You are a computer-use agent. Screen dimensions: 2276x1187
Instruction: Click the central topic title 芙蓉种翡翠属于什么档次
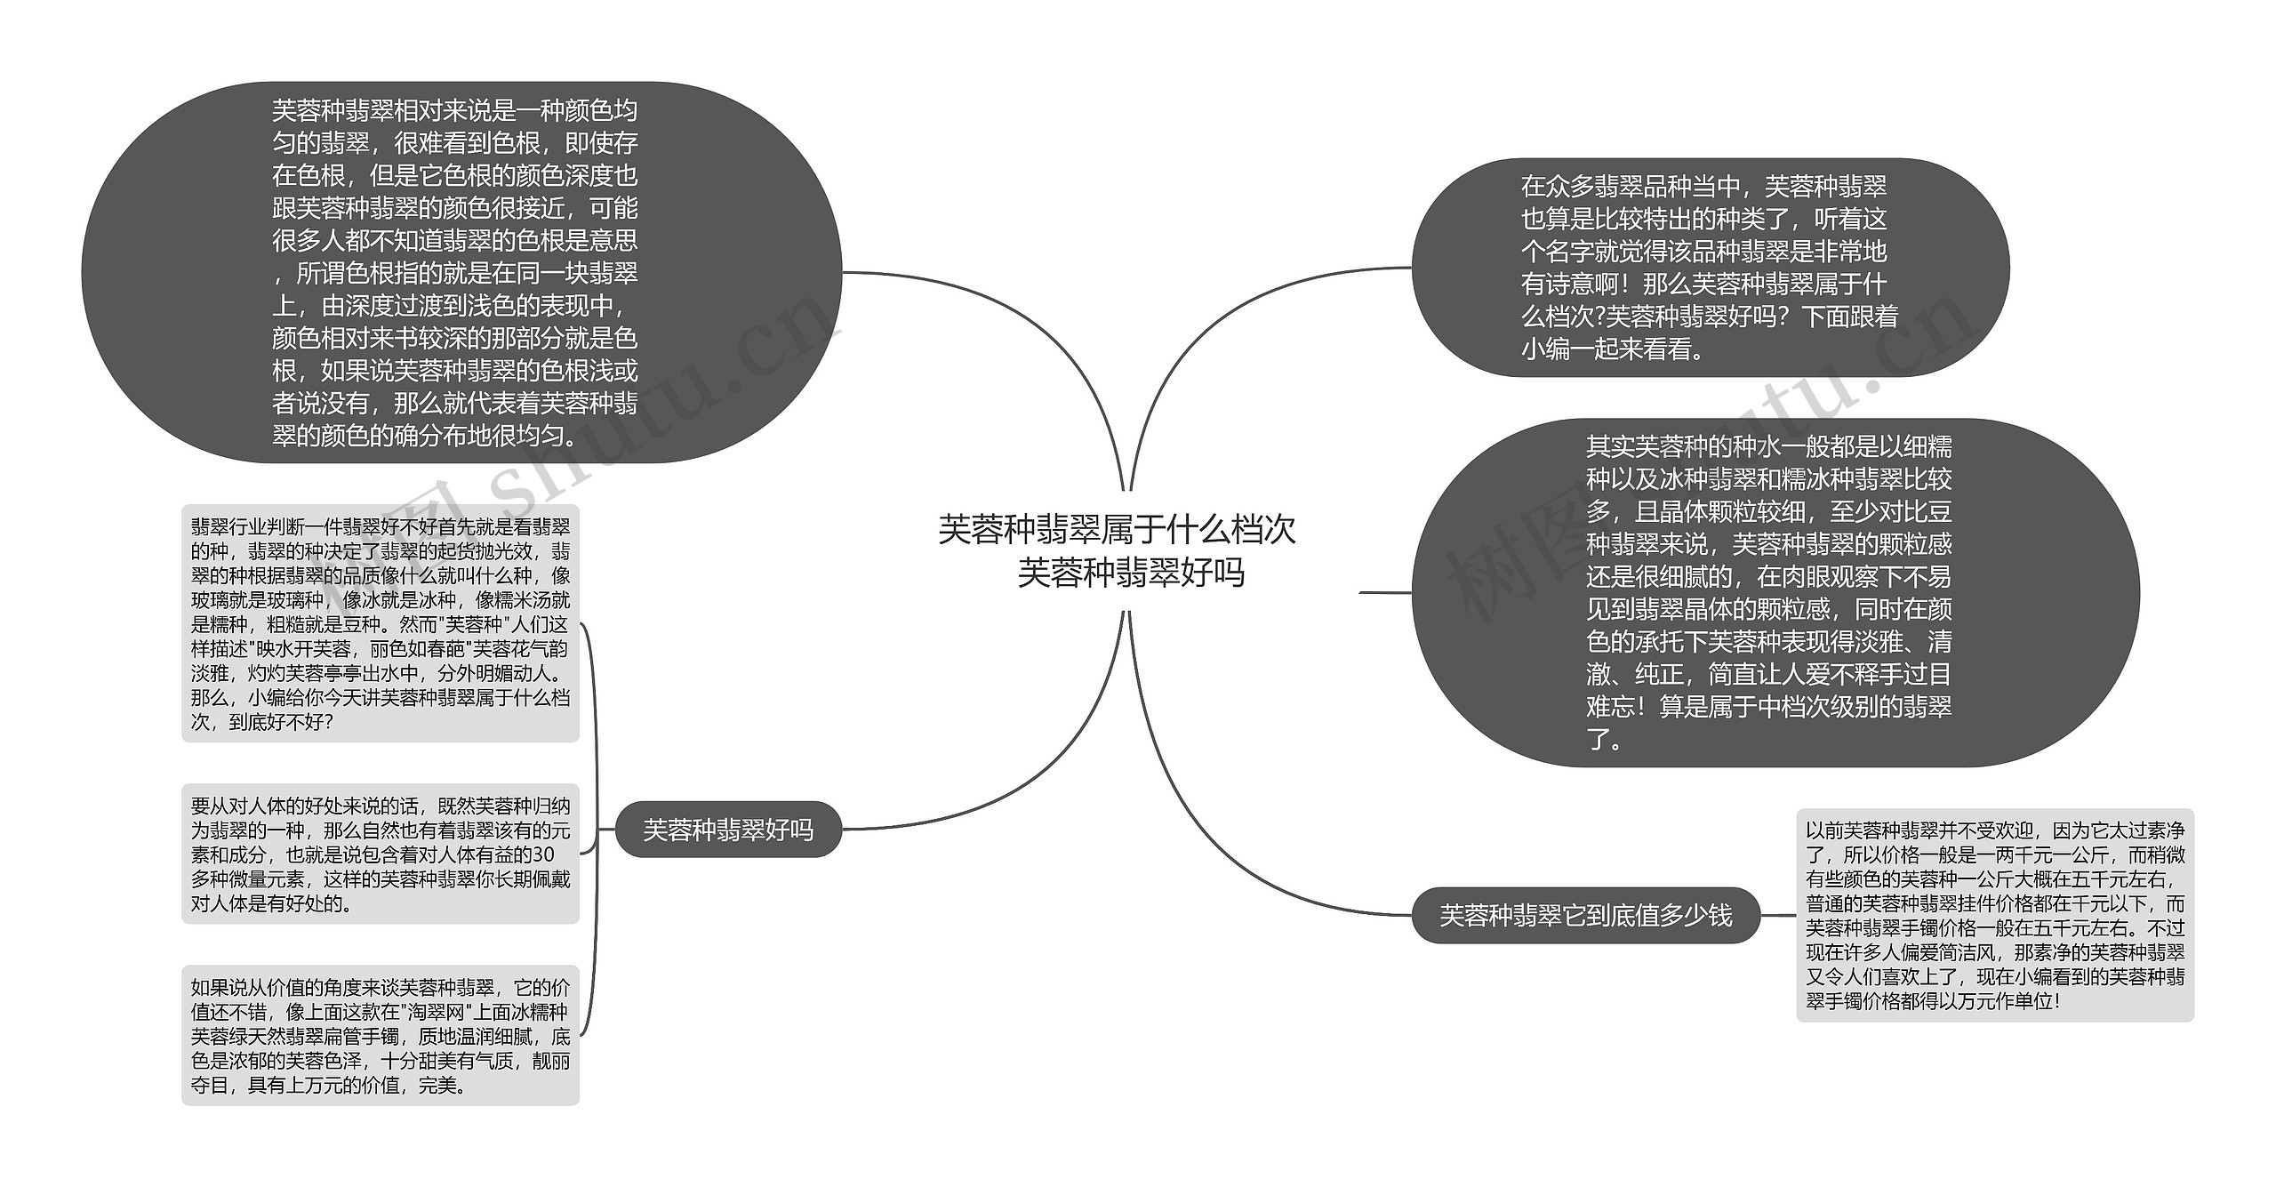(1117, 530)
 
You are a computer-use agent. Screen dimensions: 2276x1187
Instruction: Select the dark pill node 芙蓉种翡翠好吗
(728, 830)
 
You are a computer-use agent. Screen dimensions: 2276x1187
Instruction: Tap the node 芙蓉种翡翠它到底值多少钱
(1585, 915)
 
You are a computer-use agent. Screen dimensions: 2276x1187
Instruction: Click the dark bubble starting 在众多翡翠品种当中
(1710, 268)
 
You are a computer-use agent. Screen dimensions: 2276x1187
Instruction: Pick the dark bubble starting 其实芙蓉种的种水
(1774, 592)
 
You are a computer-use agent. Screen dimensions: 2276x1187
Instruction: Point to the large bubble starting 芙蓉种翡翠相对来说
(461, 272)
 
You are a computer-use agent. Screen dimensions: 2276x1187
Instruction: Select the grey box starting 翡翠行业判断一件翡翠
(380, 623)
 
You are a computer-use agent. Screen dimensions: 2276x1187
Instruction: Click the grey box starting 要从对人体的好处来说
(380, 854)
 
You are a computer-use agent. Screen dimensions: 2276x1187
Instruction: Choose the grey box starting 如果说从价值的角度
(380, 1036)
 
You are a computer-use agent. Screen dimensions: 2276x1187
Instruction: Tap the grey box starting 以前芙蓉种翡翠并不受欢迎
(1994, 915)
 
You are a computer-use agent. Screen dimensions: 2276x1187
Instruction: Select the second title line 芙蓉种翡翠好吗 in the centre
(1131, 573)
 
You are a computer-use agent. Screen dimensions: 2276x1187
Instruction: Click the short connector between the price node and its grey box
(1778, 915)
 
